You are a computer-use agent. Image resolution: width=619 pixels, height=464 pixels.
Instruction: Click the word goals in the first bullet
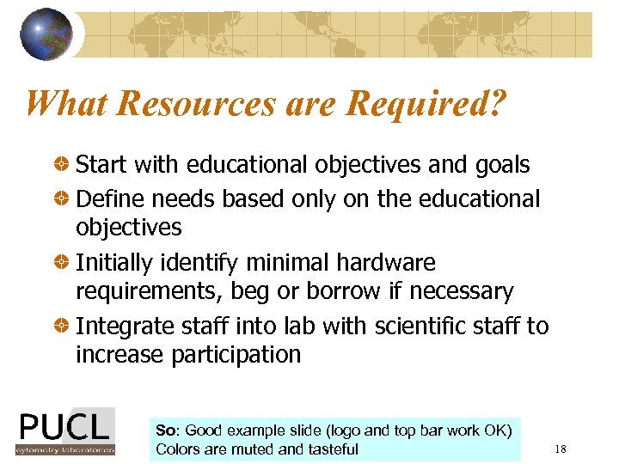(x=499, y=164)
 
